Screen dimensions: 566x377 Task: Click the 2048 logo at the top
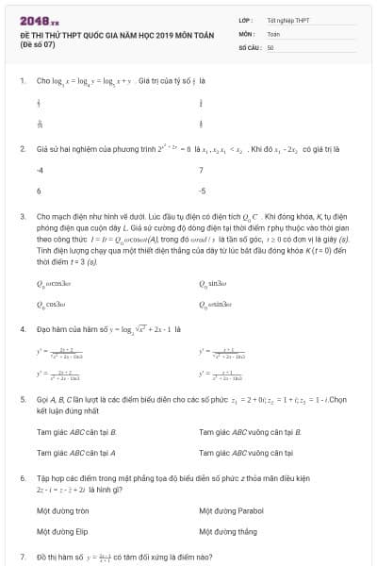coord(40,20)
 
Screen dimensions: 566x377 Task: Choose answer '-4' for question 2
coord(40,171)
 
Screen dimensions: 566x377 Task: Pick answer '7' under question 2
coord(202,171)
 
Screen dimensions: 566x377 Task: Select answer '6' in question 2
coord(39,191)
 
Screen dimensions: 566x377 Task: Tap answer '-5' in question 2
coord(203,191)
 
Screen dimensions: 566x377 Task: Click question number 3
coord(22,216)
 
